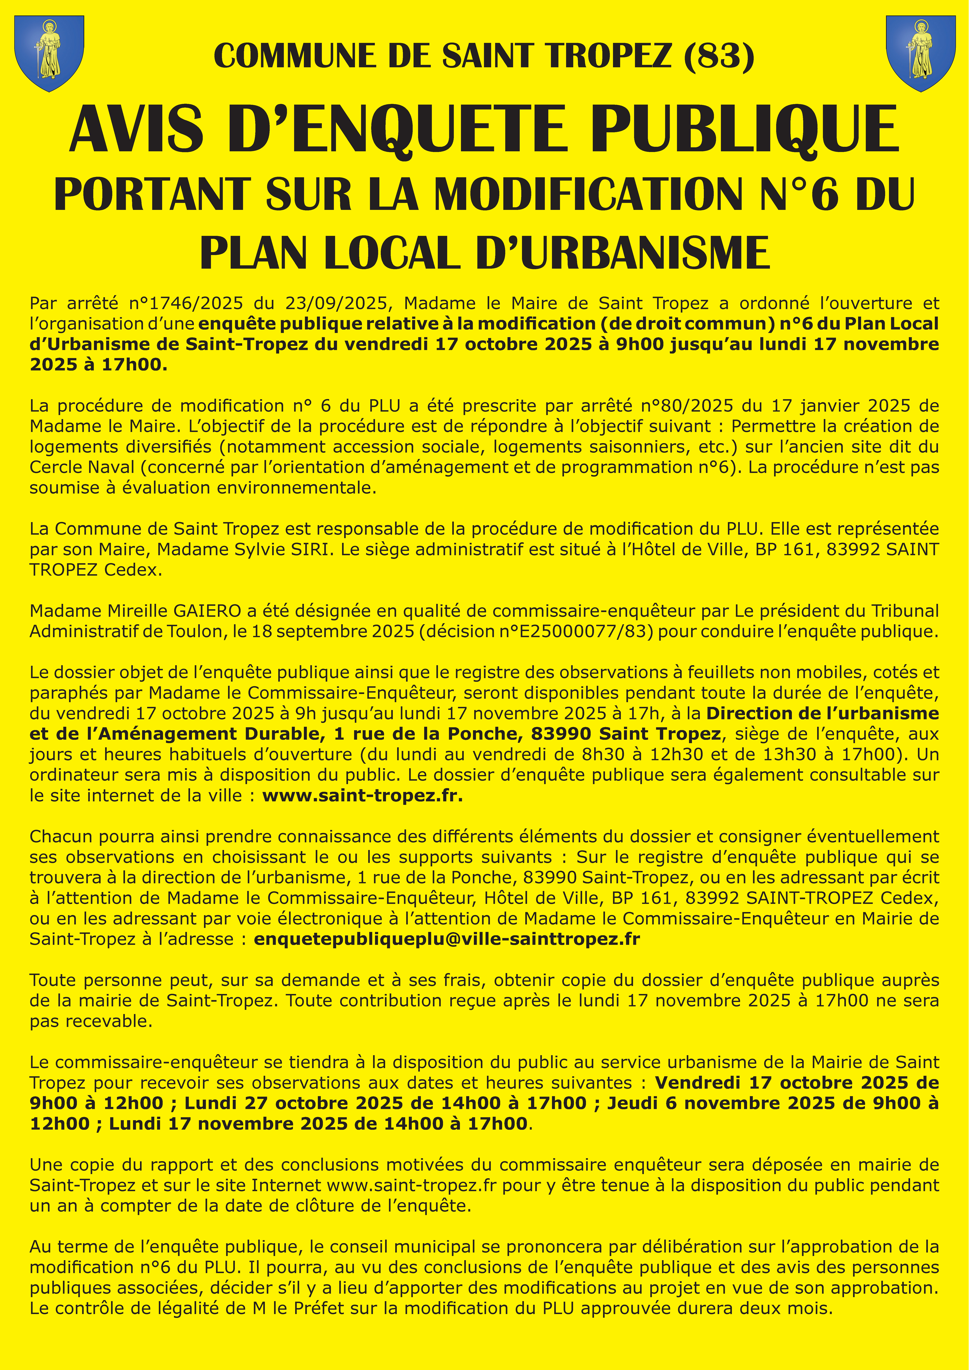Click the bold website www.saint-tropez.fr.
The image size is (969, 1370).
tap(362, 795)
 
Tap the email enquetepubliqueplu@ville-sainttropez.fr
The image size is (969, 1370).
tap(446, 939)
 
